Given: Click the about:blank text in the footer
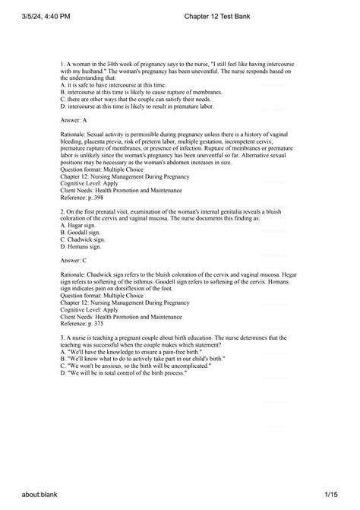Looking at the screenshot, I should (x=30, y=496).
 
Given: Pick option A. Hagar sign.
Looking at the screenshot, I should (x=78, y=226).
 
